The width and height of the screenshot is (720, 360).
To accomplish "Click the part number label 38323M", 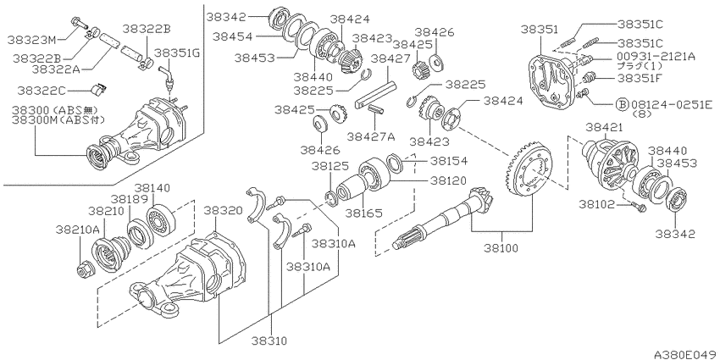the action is point(30,40).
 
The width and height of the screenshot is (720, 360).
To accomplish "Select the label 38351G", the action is point(177,53).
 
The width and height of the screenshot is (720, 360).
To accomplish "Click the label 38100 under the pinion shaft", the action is point(501,248).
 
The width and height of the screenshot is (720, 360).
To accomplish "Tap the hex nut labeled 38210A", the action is point(84,270).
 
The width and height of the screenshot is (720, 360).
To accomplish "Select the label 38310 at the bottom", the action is point(269,341).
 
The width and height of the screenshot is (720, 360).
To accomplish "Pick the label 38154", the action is point(448,161).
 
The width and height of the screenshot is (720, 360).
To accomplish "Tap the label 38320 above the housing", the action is point(222,210).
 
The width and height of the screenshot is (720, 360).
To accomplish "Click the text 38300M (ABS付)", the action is point(58,119).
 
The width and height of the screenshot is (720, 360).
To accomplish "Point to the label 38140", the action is point(152,188).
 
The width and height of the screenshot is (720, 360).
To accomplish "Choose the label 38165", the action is point(363,213).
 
